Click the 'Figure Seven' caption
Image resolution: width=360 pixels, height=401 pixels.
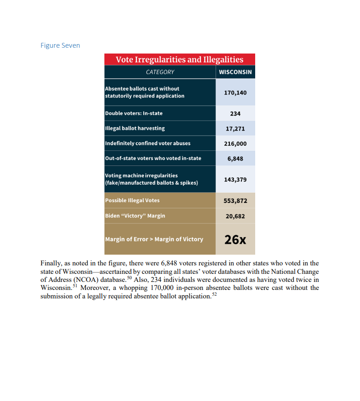[x=60, y=45]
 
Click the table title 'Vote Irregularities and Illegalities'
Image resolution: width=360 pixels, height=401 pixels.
[x=179, y=60]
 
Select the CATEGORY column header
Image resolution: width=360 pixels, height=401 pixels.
[x=160, y=72]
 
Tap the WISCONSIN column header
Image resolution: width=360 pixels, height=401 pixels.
[x=235, y=72]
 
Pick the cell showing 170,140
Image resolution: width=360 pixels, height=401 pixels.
[x=235, y=92]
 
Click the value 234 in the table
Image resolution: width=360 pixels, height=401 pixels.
[x=235, y=113]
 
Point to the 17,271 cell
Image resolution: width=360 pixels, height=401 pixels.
[x=235, y=128]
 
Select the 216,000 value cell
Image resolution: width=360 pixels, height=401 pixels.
[x=235, y=143]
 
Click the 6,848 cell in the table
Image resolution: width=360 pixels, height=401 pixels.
[x=235, y=158]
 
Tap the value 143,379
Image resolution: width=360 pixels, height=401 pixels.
[x=235, y=179]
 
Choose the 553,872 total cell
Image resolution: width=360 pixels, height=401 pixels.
[x=235, y=201]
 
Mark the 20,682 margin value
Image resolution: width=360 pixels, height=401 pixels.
[x=235, y=216]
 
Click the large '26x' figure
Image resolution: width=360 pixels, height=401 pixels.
[x=235, y=240]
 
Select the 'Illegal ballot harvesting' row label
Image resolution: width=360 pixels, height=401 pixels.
[x=135, y=128]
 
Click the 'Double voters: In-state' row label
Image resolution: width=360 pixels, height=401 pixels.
[x=134, y=113]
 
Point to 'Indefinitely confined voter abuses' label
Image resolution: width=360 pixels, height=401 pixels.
[x=148, y=143]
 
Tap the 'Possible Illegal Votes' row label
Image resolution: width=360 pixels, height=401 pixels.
[x=132, y=201]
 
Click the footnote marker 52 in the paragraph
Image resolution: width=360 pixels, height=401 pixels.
[x=214, y=295]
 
